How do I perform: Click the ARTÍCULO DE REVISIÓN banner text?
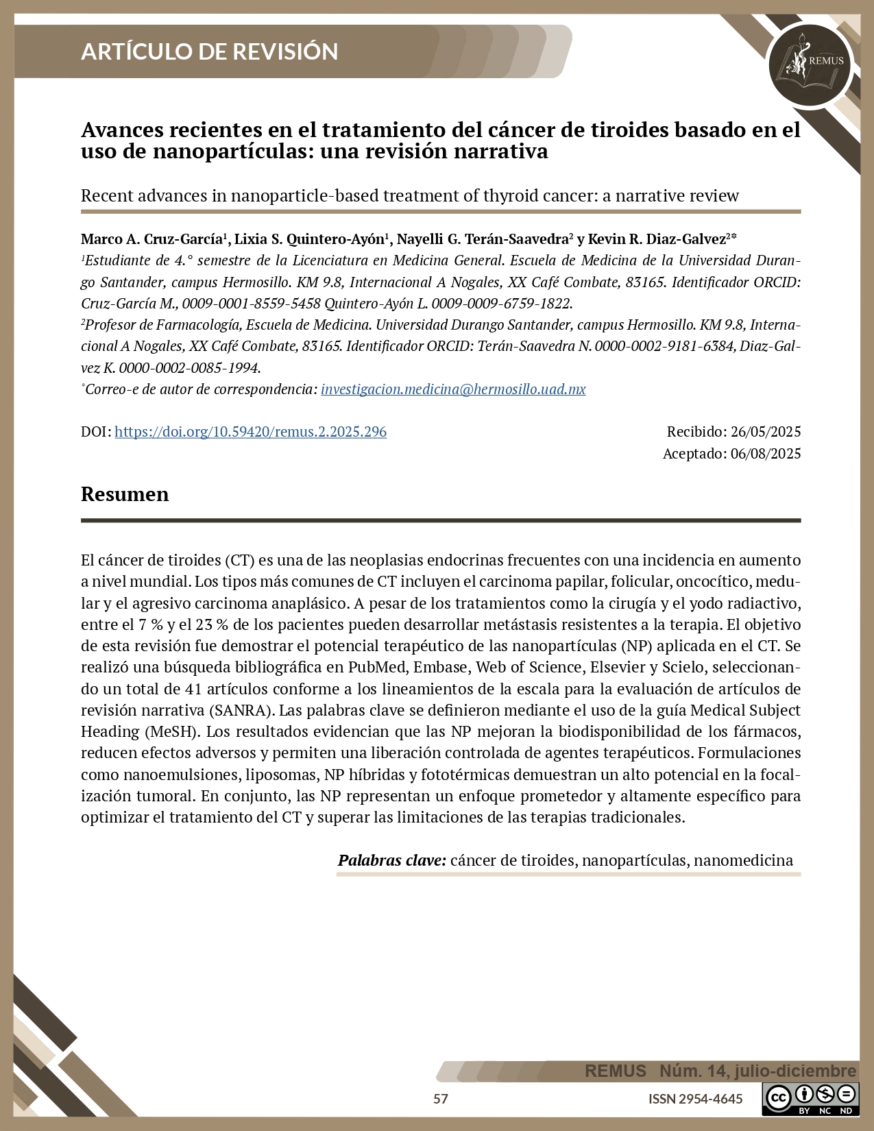pyautogui.click(x=209, y=51)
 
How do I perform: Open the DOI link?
pyautogui.click(x=250, y=432)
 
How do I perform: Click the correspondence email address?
pyautogui.click(x=453, y=389)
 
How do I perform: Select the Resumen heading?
pyautogui.click(x=125, y=494)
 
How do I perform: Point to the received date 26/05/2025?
pyautogui.click(x=766, y=432)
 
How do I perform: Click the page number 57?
pyautogui.click(x=441, y=1099)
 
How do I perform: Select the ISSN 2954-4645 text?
pyautogui.click(x=695, y=1099)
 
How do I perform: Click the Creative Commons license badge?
pyautogui.click(x=810, y=1099)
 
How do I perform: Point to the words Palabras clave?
pyautogui.click(x=392, y=860)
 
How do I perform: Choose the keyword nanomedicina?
pyautogui.click(x=743, y=860)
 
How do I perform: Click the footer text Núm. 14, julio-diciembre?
pyautogui.click(x=757, y=1071)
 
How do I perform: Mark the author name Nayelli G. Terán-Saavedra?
pyautogui.click(x=485, y=239)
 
